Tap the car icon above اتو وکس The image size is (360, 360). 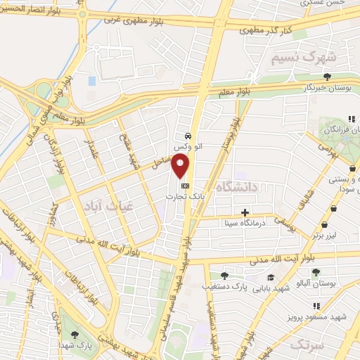pyautogui.click(x=188, y=136)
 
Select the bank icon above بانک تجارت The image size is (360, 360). pyautogui.click(x=185, y=185)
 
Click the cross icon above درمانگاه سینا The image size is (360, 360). pyautogui.click(x=245, y=212)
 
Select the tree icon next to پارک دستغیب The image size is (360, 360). pyautogui.click(x=224, y=276)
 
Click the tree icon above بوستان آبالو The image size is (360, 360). pyautogui.click(x=314, y=272)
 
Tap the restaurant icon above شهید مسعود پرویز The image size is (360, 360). pyautogui.click(x=316, y=306)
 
